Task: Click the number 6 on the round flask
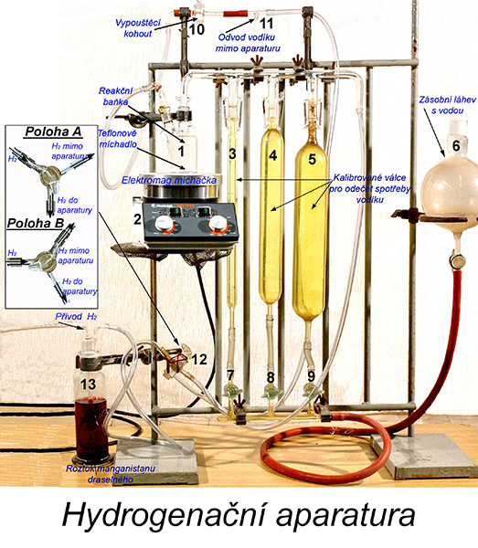(x=456, y=145)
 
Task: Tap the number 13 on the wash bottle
(x=88, y=385)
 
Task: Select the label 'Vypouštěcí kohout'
(x=138, y=28)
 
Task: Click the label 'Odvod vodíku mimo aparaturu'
(x=248, y=43)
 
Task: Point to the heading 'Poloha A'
(x=54, y=132)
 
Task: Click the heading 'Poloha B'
(x=36, y=223)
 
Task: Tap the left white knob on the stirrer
(x=164, y=223)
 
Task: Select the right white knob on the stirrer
(x=218, y=224)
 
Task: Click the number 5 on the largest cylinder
(x=312, y=159)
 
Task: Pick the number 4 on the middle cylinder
(x=272, y=155)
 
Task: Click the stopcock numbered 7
(x=231, y=390)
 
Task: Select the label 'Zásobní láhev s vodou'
(x=447, y=105)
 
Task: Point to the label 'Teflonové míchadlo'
(x=118, y=139)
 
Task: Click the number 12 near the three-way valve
(x=199, y=359)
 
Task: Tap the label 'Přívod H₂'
(x=76, y=317)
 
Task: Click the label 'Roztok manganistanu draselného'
(x=111, y=473)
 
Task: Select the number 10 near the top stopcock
(x=197, y=29)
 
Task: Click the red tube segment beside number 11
(x=236, y=14)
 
